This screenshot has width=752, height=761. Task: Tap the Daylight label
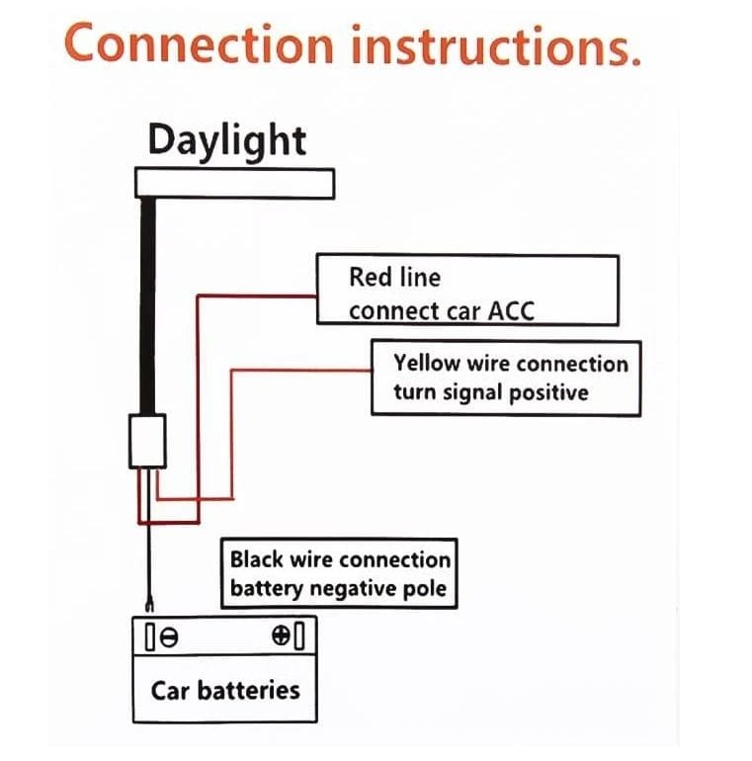point(227,141)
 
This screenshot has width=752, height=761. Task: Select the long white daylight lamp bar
point(235,184)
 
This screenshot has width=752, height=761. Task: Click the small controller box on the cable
point(149,439)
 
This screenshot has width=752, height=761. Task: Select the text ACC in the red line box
point(511,310)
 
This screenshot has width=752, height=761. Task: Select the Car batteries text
point(225,689)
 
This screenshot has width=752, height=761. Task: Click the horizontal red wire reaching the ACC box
point(257,294)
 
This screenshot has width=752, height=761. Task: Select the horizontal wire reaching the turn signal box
point(301,371)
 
